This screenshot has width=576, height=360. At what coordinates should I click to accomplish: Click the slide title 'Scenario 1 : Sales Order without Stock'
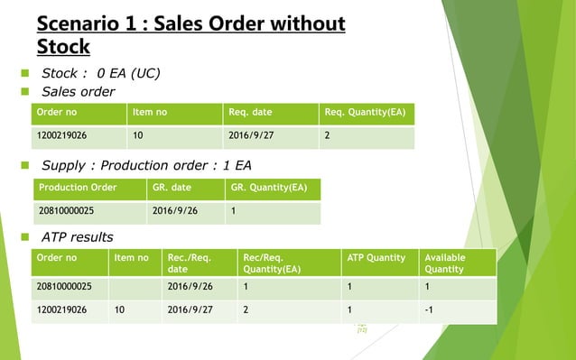tap(190, 33)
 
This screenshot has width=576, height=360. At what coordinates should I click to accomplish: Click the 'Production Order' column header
tap(77, 189)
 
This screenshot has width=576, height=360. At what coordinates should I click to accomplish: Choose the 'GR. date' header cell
tap(172, 189)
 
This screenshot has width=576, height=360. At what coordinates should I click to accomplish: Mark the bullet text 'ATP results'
tap(78, 236)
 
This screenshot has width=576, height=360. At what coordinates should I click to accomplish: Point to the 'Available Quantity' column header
tap(444, 263)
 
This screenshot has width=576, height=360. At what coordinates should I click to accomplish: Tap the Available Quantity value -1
tap(429, 311)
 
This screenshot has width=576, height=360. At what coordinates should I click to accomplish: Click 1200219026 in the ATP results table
tap(64, 311)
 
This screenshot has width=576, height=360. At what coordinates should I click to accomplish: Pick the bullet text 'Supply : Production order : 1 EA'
tap(146, 165)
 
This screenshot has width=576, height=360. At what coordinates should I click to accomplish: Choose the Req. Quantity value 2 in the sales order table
tap(327, 138)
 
